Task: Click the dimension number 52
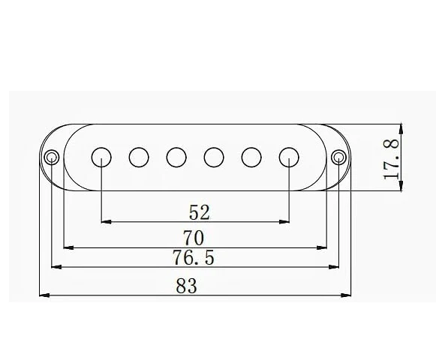coord(195,212)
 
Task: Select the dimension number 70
coord(195,238)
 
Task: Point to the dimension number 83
coord(188,285)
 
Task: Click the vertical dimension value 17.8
coord(391,157)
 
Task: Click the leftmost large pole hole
coord(101,157)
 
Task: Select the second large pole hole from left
coord(139,157)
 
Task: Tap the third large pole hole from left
coord(176,157)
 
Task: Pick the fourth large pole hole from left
coord(214,157)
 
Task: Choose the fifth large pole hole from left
coord(251,157)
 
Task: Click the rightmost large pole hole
coord(289,157)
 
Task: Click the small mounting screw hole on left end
coord(51,157)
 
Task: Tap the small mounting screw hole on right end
coord(339,157)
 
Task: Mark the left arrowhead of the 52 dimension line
coord(105,221)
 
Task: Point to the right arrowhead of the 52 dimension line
coord(285,221)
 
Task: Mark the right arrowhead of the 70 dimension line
coord(324,246)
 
